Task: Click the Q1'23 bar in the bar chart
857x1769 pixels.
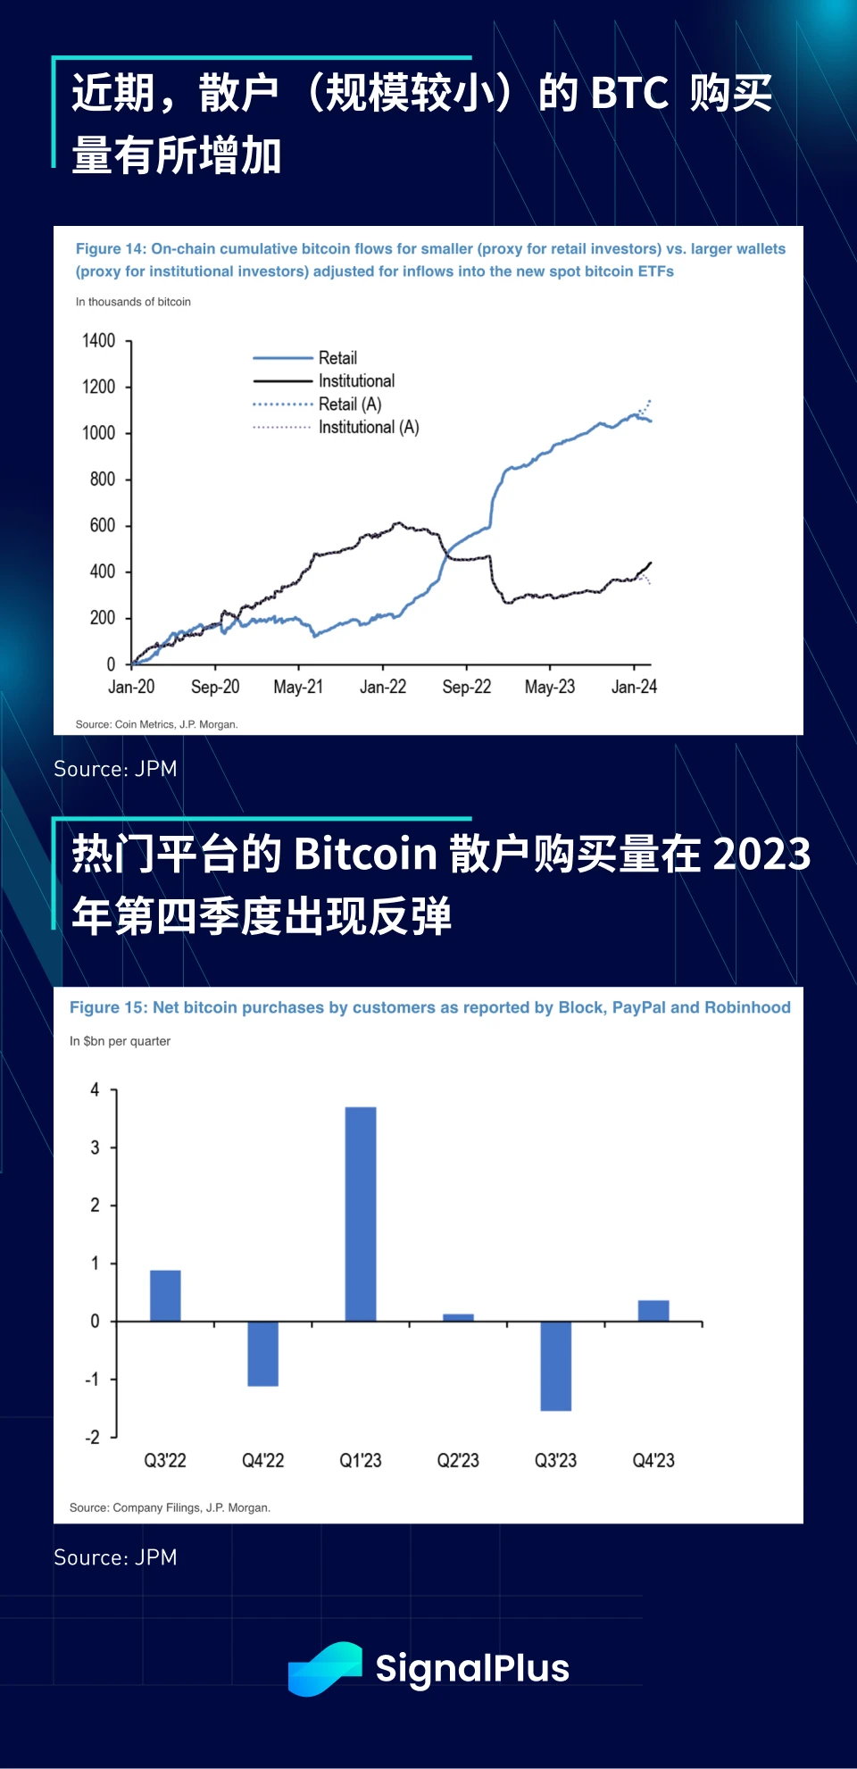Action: (x=361, y=1214)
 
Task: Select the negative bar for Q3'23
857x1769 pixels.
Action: (x=555, y=1365)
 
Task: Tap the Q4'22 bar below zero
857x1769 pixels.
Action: (x=262, y=1353)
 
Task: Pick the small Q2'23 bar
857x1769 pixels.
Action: (x=458, y=1317)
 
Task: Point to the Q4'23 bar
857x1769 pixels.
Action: (x=653, y=1310)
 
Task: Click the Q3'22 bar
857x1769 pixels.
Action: (x=165, y=1295)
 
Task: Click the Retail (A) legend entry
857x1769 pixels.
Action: (x=349, y=405)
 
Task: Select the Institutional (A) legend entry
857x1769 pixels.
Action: (x=368, y=428)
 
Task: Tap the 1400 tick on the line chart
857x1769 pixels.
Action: (x=98, y=341)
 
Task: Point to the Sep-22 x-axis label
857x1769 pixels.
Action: (x=466, y=687)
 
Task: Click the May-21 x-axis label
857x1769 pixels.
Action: (x=298, y=687)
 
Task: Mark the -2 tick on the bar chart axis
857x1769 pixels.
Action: (x=93, y=1437)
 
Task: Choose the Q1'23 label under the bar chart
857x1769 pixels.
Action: (x=361, y=1460)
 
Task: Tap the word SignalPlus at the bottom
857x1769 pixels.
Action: (x=471, y=1668)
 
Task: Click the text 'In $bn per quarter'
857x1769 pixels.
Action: (x=120, y=1041)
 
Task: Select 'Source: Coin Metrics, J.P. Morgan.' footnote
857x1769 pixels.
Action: (x=156, y=724)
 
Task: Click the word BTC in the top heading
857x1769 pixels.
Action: (x=629, y=93)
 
